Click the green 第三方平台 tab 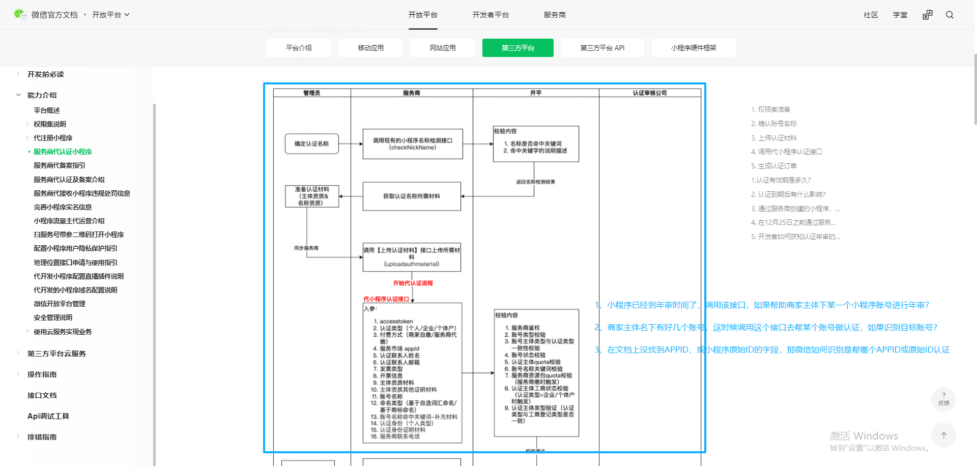pyautogui.click(x=518, y=48)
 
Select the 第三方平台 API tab pyautogui.click(x=602, y=48)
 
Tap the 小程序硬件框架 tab pyautogui.click(x=693, y=48)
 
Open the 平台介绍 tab pyautogui.click(x=299, y=48)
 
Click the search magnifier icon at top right pyautogui.click(x=950, y=15)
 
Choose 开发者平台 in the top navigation pyautogui.click(x=490, y=15)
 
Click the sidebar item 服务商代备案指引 pyautogui.click(x=60, y=165)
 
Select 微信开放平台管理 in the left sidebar pyautogui.click(x=60, y=304)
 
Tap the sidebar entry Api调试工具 pyautogui.click(x=48, y=416)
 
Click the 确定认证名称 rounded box pyautogui.click(x=312, y=144)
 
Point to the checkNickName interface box pyautogui.click(x=413, y=144)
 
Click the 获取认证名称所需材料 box pyautogui.click(x=412, y=196)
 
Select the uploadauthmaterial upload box pyautogui.click(x=412, y=257)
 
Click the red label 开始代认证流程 pyautogui.click(x=413, y=283)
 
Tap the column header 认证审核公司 pyautogui.click(x=650, y=93)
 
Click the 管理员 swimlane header pyautogui.click(x=312, y=93)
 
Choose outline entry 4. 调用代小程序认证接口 pyautogui.click(x=786, y=152)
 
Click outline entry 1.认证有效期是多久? pyautogui.click(x=781, y=180)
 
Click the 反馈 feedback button pyautogui.click(x=943, y=399)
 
